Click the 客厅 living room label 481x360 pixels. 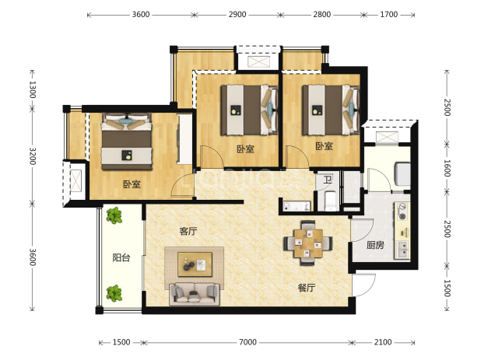pos(188,232)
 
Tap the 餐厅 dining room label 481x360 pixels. pos(307,288)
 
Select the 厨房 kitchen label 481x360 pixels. pos(375,245)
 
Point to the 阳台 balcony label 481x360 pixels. pos(121,257)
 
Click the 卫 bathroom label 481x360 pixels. pos(328,180)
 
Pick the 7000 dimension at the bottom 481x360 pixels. pos(248,342)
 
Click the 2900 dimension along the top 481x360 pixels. pos(237,15)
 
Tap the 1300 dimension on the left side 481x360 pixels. pos(33,89)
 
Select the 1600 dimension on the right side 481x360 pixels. pos(447,168)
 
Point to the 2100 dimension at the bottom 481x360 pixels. pos(383,342)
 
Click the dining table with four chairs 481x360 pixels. pos(308,243)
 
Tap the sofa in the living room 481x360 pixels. pos(195,295)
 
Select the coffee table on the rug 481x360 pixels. pos(195,264)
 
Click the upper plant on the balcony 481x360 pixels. pos(114,215)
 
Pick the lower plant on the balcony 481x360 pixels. pos(114,293)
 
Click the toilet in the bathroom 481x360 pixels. pos(330,201)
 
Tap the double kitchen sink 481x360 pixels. pos(402,250)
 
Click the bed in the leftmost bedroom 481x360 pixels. pos(127,142)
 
